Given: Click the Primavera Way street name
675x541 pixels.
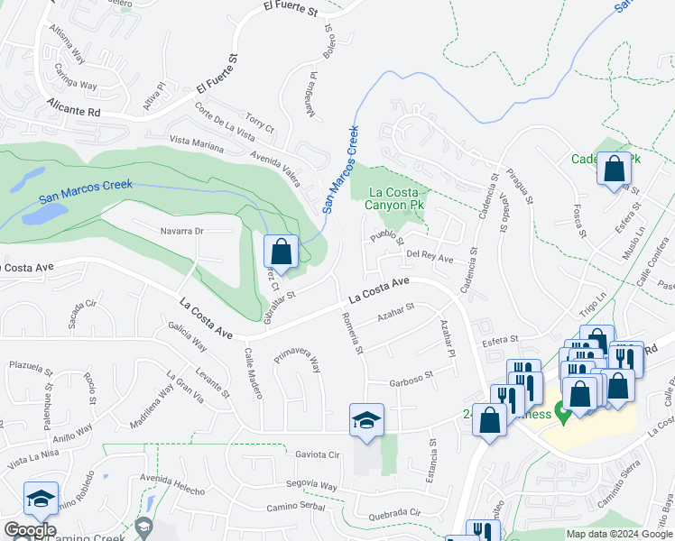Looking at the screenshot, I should click(x=298, y=360).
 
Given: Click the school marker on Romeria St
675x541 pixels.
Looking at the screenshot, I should click(x=367, y=420).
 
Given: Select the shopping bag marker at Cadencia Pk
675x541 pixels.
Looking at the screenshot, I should click(x=615, y=169).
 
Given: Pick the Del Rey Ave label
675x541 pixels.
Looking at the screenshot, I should click(x=430, y=256).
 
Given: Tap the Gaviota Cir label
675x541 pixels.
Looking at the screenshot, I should click(x=317, y=455).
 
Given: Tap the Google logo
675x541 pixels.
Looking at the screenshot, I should click(x=30, y=530).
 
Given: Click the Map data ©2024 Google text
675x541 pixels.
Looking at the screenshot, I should click(x=619, y=534).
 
